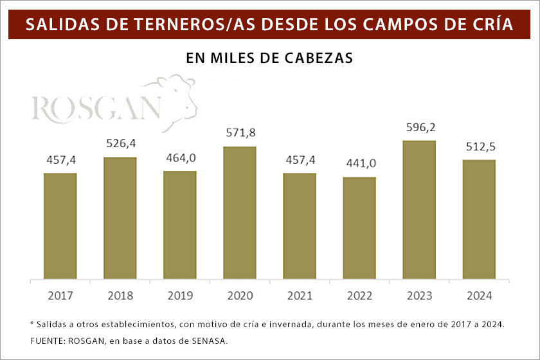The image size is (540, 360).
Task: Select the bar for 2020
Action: pos(240,213)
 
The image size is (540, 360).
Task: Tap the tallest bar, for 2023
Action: pos(419,210)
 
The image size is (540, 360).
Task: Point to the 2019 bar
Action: pos(180,226)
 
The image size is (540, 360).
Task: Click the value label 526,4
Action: pos(120,143)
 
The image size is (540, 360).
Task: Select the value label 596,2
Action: pos(419,127)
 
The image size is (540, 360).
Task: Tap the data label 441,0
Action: pos(359,163)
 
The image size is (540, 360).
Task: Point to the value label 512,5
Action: pos(479,146)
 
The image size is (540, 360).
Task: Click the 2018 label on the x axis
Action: pos(120,296)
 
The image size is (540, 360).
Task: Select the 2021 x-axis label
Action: pos(300,296)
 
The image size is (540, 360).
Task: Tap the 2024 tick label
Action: pos(479,296)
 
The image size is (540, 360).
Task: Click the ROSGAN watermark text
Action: pos(96,109)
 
